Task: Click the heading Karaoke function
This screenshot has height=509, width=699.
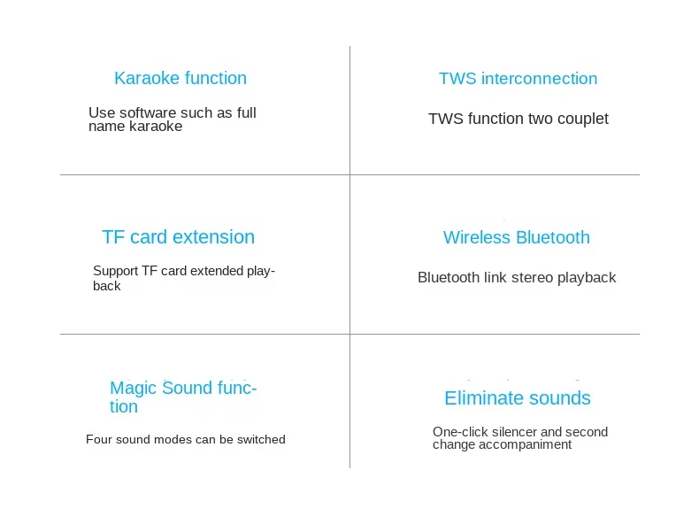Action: pos(181,78)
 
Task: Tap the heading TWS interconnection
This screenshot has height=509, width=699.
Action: pos(518,79)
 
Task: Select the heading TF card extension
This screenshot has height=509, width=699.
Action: pos(179,237)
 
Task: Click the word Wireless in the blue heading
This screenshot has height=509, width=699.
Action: pos(477,237)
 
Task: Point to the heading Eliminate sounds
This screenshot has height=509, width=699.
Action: pos(518,398)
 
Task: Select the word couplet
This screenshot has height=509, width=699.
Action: pos(583,120)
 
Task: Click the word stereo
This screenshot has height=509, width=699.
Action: pos(533,277)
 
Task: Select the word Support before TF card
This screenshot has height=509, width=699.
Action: pos(116,271)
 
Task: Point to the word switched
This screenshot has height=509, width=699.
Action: pos(261,439)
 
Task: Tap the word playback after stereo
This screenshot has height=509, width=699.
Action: pos(587,278)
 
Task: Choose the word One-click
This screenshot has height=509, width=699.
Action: pos(457,432)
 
